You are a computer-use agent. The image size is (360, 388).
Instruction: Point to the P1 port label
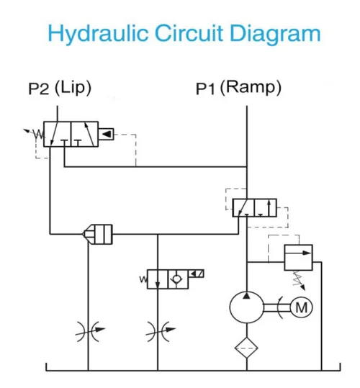point(205,89)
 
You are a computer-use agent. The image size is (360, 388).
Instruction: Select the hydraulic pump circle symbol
point(247,307)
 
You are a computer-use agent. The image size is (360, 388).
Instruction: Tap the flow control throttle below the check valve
point(157,331)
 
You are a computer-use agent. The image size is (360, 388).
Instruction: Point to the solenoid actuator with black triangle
point(105,134)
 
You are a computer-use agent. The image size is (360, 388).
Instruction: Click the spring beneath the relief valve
point(294,278)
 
